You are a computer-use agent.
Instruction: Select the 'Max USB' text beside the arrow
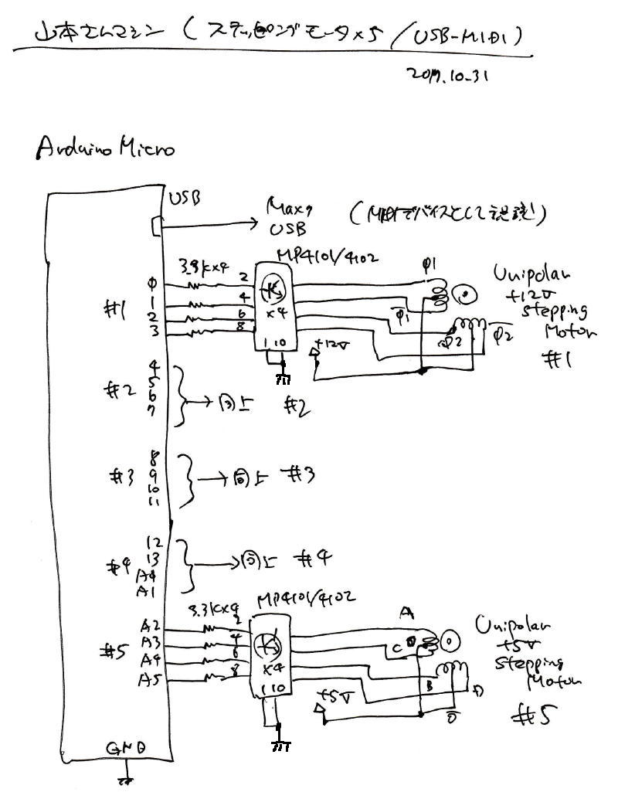click(287, 217)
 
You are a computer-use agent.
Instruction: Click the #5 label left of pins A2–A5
click(116, 651)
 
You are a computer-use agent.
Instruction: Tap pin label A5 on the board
click(149, 680)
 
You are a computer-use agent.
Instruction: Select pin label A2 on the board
click(150, 625)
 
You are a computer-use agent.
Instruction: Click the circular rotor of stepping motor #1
click(466, 294)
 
